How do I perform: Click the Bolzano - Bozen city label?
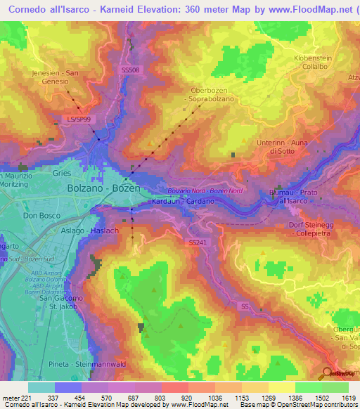tap(103, 190)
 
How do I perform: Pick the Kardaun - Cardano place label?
tap(183, 202)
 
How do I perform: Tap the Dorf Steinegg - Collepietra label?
tap(313, 228)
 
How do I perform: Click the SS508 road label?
tap(131, 70)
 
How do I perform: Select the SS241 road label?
tap(200, 242)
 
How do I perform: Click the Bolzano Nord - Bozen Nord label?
tap(205, 191)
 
